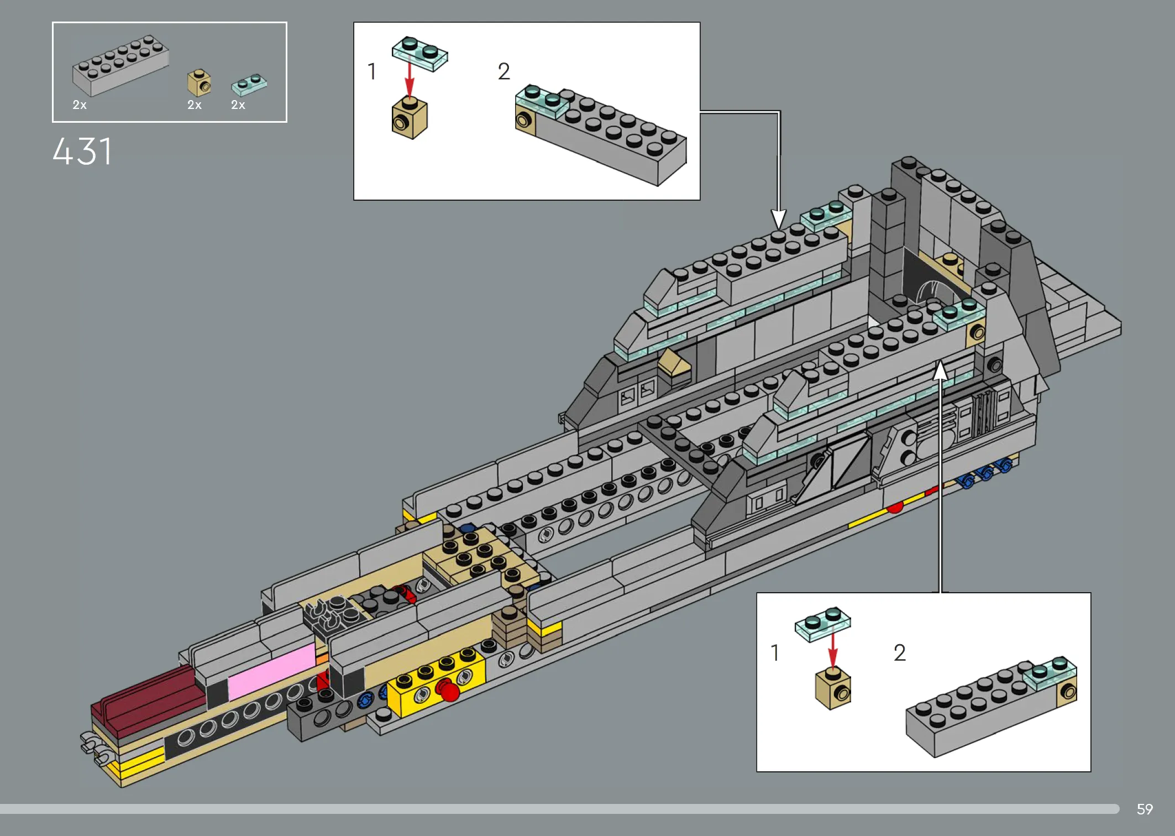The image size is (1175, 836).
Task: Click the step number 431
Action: point(82,151)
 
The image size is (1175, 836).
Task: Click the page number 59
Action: point(1145,809)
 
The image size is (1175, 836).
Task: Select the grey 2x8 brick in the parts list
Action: point(120,66)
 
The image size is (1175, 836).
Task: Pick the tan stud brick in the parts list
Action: point(199,83)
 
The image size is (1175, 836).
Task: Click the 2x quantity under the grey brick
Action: point(80,105)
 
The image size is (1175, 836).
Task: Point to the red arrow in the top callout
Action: point(409,80)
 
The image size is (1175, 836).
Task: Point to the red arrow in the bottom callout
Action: point(833,650)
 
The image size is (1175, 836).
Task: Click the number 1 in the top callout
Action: point(372,72)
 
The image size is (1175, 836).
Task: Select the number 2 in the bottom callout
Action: point(900,653)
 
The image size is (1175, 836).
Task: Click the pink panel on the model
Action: point(271,671)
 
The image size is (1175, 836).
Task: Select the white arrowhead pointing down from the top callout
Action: point(779,220)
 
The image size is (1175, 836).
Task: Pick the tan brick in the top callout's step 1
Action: point(410,118)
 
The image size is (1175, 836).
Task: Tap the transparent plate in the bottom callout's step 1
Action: point(823,624)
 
